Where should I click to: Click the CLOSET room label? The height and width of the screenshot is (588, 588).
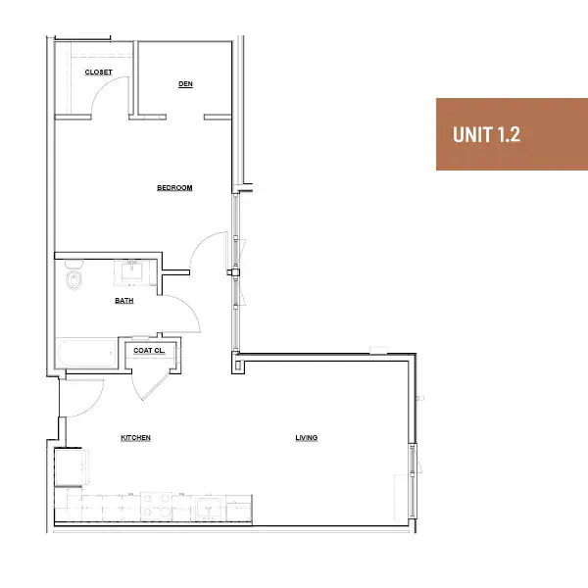click(98, 72)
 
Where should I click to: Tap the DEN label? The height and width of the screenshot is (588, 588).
click(185, 84)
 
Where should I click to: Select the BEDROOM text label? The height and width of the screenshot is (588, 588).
click(174, 187)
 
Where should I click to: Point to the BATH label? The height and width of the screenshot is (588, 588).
click(124, 301)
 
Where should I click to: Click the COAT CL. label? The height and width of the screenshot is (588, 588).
click(149, 350)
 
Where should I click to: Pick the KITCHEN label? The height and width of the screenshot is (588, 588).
click(136, 438)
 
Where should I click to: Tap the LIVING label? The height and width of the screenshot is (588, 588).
click(307, 438)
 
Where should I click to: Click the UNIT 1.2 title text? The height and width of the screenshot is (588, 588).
click(486, 134)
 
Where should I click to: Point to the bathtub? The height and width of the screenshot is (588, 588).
click(87, 353)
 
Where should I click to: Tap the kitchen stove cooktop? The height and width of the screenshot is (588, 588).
click(157, 507)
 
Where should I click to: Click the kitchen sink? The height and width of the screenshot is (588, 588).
click(208, 509)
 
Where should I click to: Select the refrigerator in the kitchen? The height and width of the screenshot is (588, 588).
click(72, 467)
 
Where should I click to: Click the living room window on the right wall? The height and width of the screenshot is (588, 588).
click(413, 481)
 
